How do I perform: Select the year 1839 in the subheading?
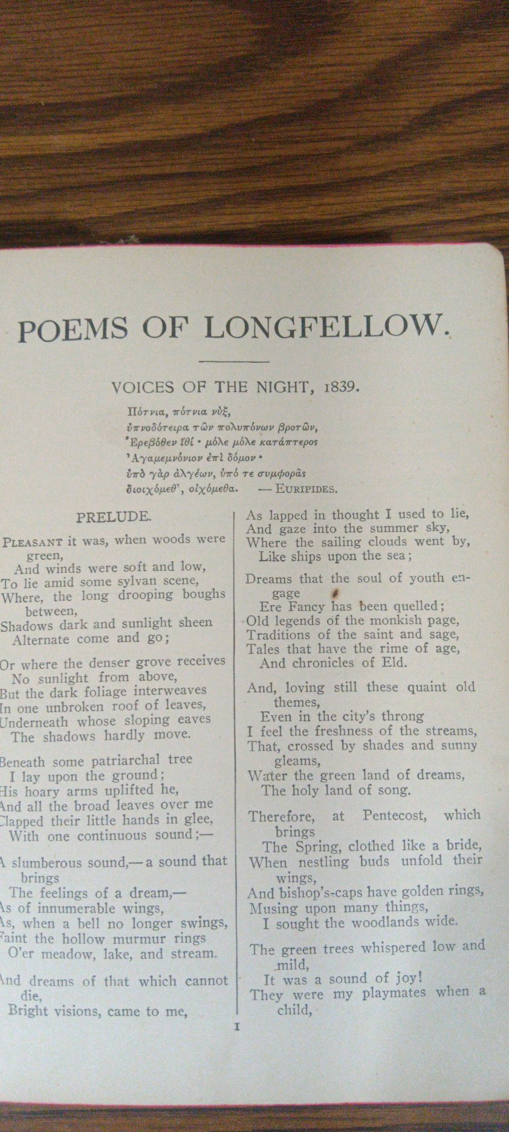coord(342,386)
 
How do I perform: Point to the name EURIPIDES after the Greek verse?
coord(306,489)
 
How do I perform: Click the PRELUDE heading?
coord(113,517)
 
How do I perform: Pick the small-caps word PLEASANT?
coord(33,542)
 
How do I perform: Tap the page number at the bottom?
coord(237,1026)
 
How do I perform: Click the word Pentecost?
coord(394,816)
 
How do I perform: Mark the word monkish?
coord(387,620)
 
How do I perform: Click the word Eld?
coord(395,663)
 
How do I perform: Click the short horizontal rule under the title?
coord(233,362)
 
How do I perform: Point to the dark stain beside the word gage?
coord(334,593)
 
